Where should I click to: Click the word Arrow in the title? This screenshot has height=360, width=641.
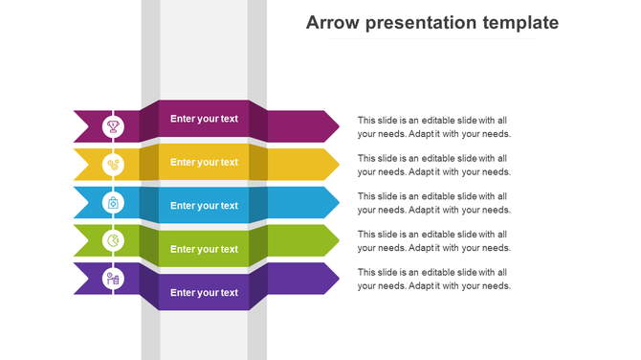pos(330,23)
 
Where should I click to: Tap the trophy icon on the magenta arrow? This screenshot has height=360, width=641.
pos(113,125)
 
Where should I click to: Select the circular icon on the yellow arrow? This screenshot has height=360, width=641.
pos(113,164)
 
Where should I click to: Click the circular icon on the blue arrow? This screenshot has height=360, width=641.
pos(113,202)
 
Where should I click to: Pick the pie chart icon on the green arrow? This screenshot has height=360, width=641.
pos(113,240)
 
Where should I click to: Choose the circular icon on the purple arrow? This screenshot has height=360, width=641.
pos(113,279)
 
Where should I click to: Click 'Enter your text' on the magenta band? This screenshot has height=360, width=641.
pos(204,119)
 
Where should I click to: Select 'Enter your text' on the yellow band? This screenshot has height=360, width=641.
pos(204,162)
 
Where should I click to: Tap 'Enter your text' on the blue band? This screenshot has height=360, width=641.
pos(204,205)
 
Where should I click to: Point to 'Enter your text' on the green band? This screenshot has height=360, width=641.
pos(204,249)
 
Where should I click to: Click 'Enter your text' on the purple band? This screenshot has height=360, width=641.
pos(204,292)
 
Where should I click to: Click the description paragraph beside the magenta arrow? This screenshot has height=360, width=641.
pos(434,126)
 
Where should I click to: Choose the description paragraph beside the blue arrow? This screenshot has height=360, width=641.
pos(434,202)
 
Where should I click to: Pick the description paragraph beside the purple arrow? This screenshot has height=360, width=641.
pos(434,279)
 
